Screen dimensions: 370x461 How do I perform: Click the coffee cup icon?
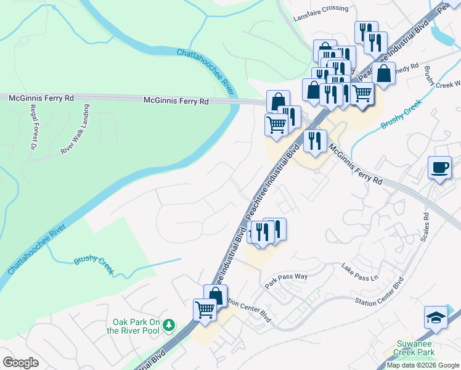pyautogui.click(x=440, y=168)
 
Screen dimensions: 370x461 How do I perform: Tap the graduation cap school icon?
pyautogui.click(x=436, y=318)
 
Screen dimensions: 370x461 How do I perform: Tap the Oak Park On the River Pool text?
pyautogui.click(x=136, y=326)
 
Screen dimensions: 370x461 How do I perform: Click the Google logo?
pyautogui.click(x=20, y=362)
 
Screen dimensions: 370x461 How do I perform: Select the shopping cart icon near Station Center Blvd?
pyautogui.click(x=205, y=310)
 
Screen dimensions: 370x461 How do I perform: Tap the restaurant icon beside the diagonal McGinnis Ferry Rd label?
pyautogui.click(x=315, y=141)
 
